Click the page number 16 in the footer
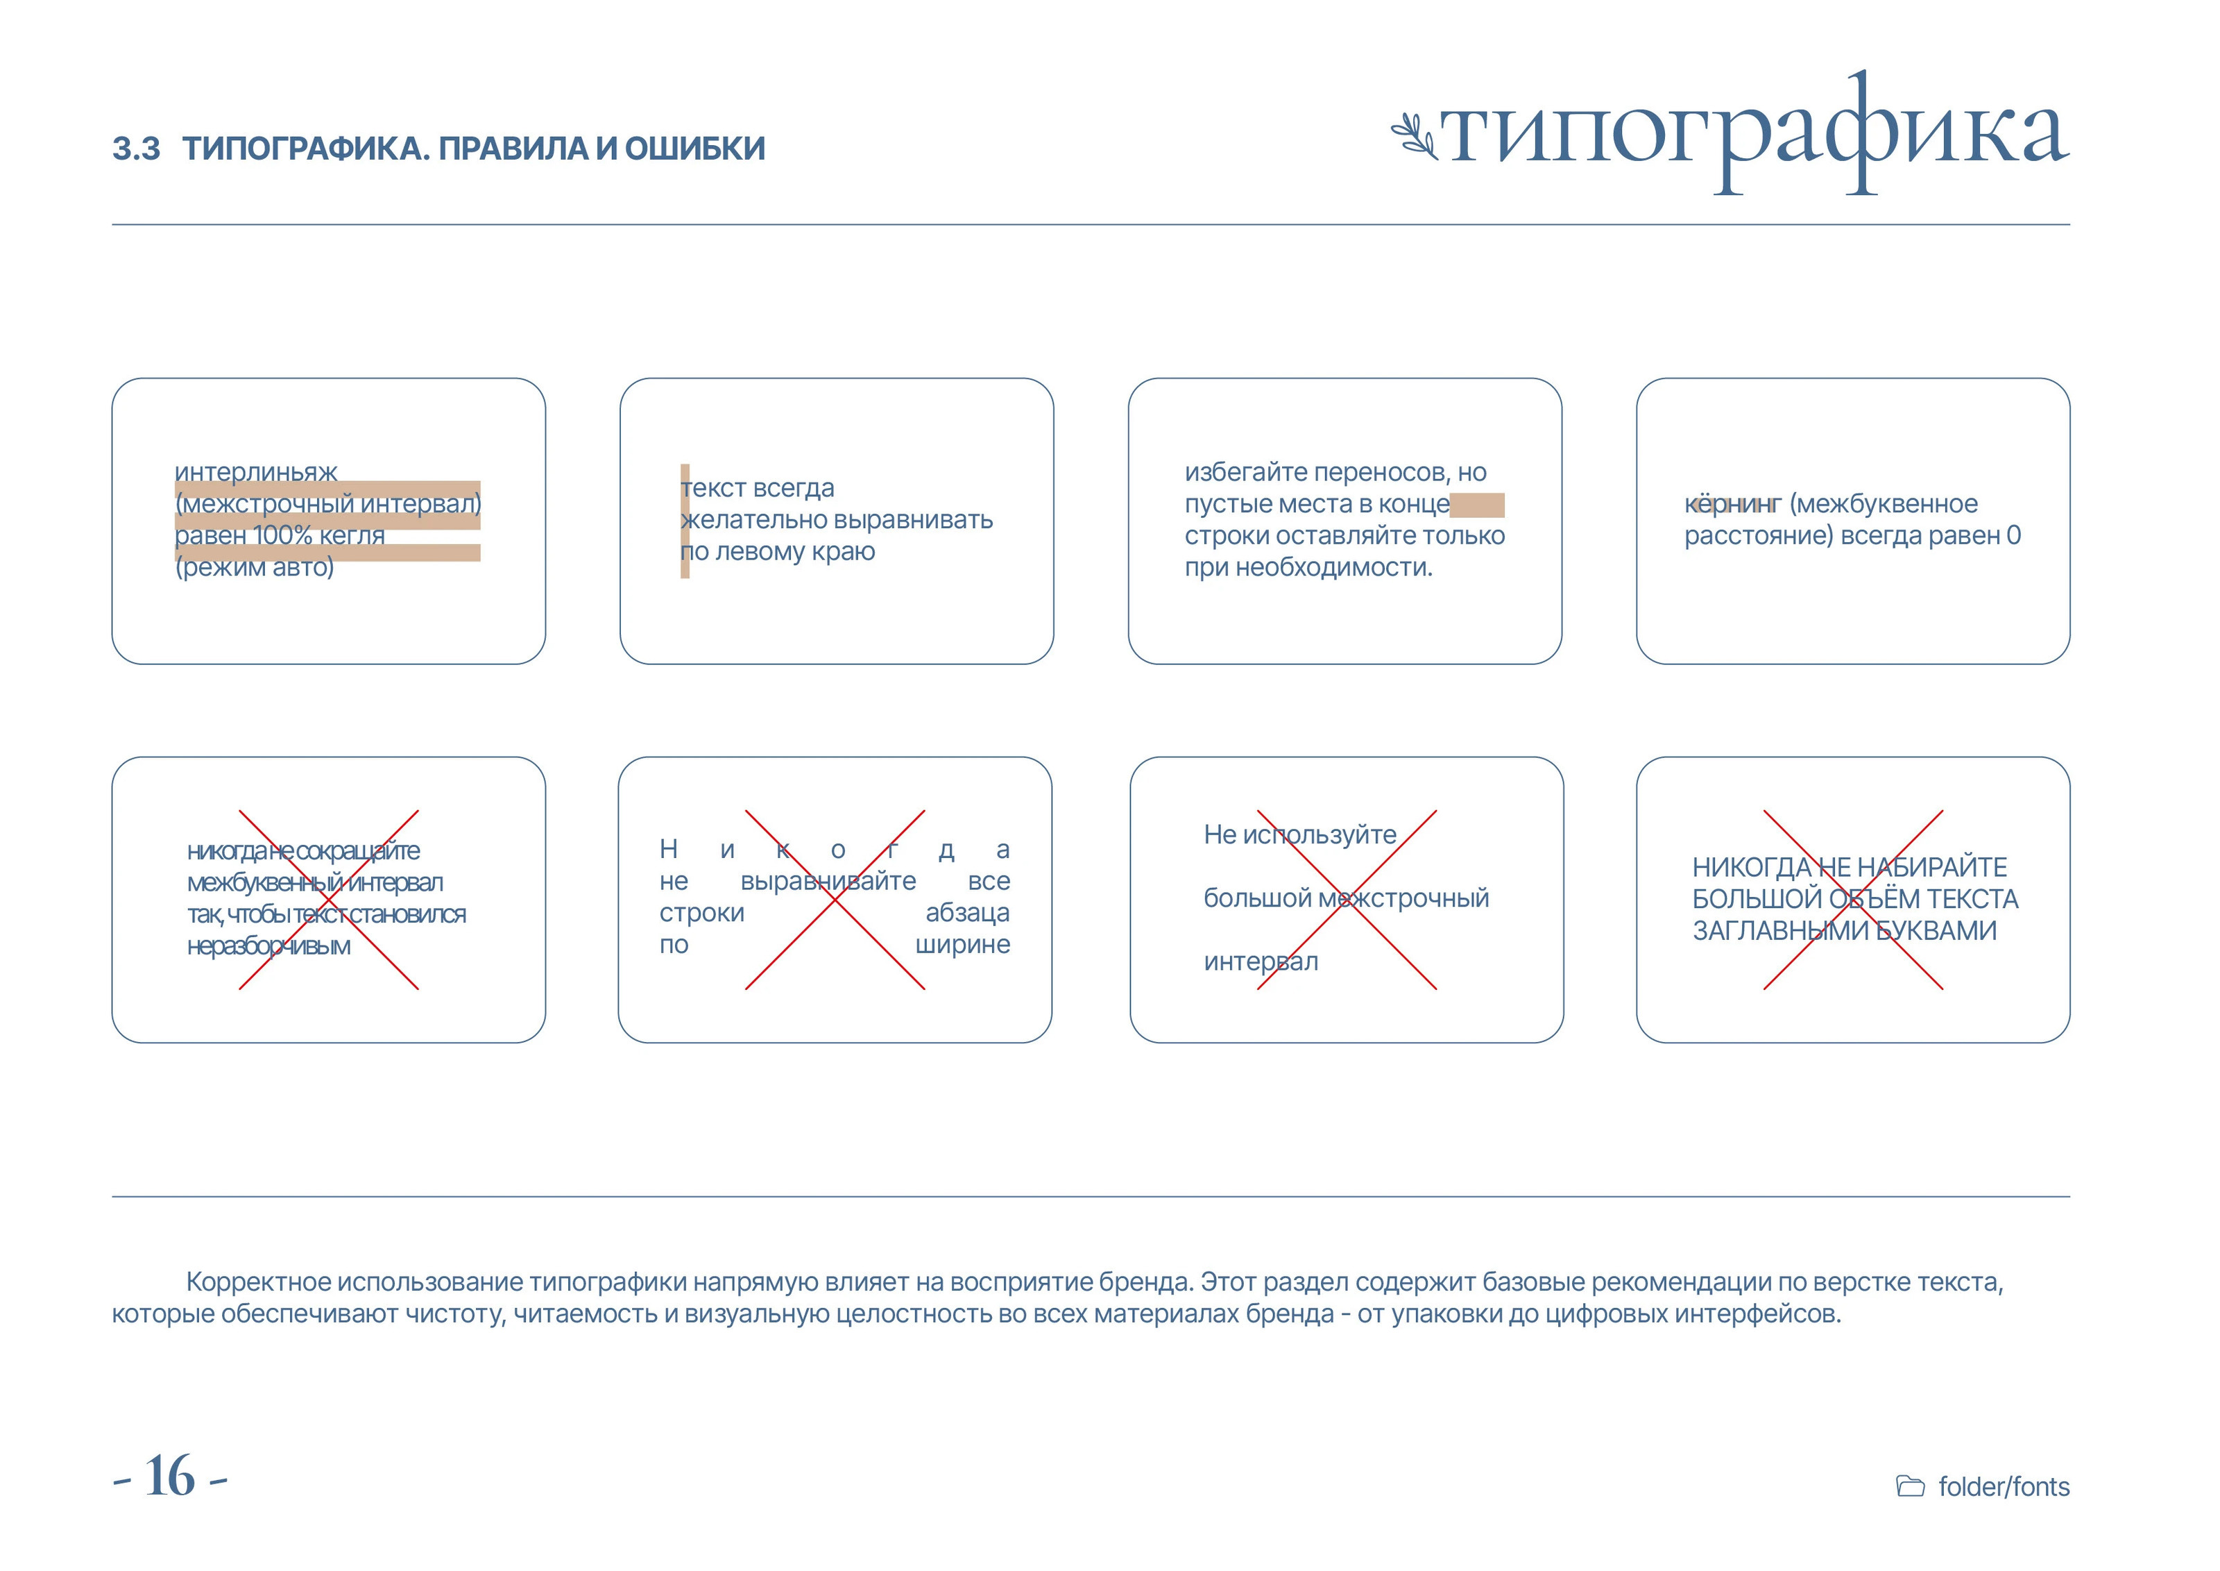[x=170, y=1477]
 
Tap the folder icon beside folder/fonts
[x=1911, y=1487]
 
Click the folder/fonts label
[x=2004, y=1487]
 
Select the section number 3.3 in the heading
[x=137, y=149]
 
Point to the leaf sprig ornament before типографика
[x=1415, y=136]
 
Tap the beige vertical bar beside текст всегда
[x=685, y=521]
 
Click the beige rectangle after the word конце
[x=1478, y=505]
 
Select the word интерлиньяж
[x=256, y=472]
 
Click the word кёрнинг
[x=1732, y=504]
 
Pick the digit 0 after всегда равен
[x=2013, y=536]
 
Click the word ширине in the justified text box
[x=962, y=944]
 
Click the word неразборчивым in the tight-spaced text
[x=268, y=946]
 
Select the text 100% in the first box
[x=283, y=536]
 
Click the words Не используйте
[x=1299, y=835]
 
